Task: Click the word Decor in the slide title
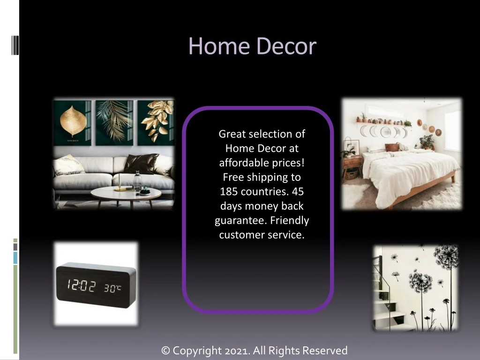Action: click(x=286, y=46)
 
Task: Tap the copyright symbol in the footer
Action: click(x=165, y=351)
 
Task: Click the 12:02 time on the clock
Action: click(x=82, y=285)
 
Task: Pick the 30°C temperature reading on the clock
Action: click(x=112, y=288)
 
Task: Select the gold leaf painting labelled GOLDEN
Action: click(x=72, y=123)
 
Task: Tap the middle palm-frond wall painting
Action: click(x=114, y=123)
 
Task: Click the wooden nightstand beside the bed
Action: click(x=353, y=167)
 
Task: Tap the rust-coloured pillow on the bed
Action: click(x=392, y=147)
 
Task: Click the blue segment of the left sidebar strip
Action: click(x=15, y=258)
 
